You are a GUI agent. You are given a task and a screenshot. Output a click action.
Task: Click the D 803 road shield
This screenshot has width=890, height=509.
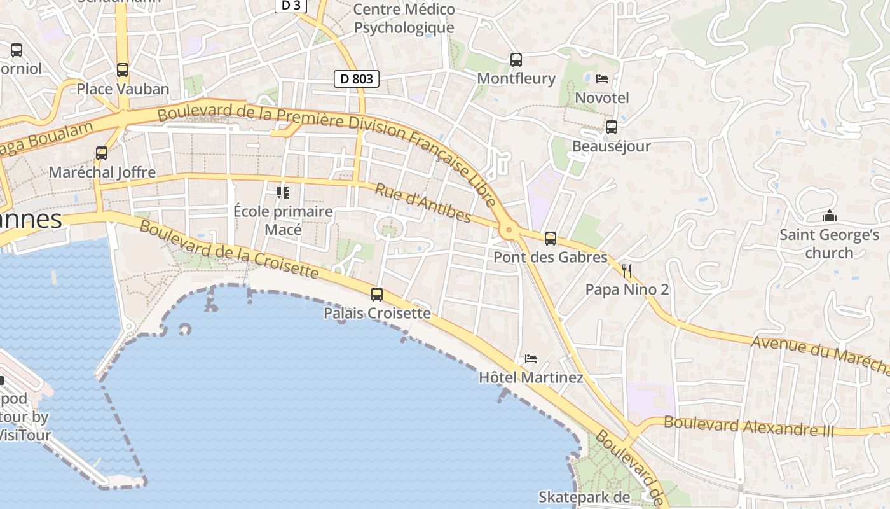pos(356,79)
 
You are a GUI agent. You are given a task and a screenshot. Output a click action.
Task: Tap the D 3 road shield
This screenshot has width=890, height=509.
pos(291,6)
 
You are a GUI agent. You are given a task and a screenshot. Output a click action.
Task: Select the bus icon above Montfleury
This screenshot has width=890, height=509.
pos(516,60)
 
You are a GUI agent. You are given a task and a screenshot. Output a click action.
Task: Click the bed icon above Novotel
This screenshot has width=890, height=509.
pos(602,79)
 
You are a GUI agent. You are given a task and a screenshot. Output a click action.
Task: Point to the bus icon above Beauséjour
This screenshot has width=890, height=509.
pos(611,127)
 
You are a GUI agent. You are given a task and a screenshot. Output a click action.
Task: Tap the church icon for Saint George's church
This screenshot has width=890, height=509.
pos(829,216)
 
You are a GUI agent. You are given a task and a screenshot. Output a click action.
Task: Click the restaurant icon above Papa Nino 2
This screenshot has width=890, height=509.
pos(627,271)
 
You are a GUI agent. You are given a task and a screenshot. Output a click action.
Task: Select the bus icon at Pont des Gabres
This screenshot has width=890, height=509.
pos(551,239)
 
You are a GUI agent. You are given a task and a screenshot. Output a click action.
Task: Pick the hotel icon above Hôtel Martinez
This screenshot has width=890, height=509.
pos(531,359)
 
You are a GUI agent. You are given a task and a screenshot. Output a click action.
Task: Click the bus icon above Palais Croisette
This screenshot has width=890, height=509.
pos(377,295)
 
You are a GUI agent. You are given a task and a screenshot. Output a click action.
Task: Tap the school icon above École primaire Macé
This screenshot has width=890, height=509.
pos(283,192)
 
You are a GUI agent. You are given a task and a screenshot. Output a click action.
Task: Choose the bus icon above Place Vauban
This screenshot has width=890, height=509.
pos(123,70)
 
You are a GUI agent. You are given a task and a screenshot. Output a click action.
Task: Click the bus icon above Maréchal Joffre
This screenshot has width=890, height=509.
pos(102,153)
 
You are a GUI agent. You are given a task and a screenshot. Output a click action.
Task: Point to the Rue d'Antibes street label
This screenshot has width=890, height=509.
pos(423,204)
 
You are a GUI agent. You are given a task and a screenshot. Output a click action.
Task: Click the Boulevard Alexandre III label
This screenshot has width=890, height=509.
pos(748,426)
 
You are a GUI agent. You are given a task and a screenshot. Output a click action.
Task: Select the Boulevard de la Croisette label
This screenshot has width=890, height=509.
pos(228,249)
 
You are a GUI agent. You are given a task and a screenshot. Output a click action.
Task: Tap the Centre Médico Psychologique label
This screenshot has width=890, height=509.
pos(404,18)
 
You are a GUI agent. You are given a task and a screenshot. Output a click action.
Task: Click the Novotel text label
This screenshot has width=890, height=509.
pos(601,97)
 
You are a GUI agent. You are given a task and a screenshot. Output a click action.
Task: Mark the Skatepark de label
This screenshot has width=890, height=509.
pos(584,497)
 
